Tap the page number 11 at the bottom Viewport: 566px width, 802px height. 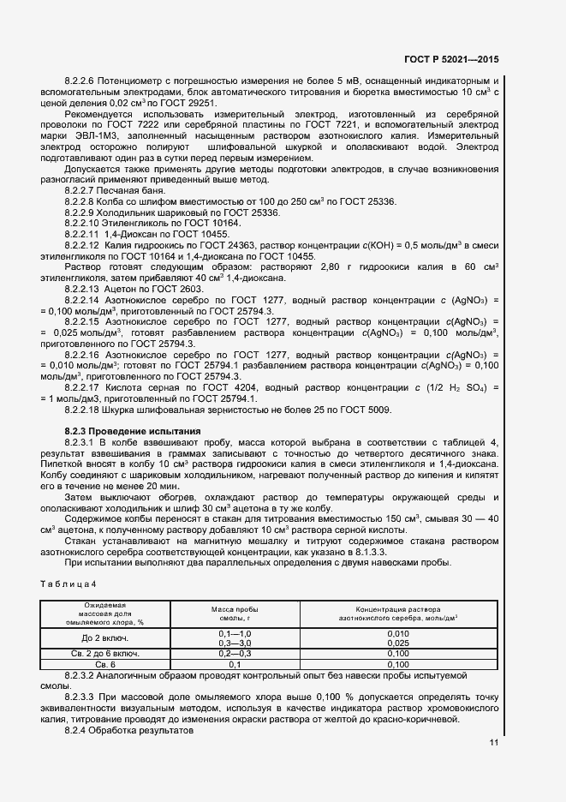pos(494,743)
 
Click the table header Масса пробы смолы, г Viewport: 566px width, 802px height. pos(235,613)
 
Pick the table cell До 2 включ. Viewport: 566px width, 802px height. pos(104,637)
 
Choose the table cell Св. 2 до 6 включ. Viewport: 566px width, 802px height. pos(104,653)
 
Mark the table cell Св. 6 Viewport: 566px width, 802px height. pos(104,664)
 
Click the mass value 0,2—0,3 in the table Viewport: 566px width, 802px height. pos(235,653)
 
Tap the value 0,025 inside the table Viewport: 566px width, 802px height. pos(398,643)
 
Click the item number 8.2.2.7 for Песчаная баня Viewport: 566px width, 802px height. pos(84,189)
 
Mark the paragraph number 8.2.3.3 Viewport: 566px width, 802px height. pos(84,698)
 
